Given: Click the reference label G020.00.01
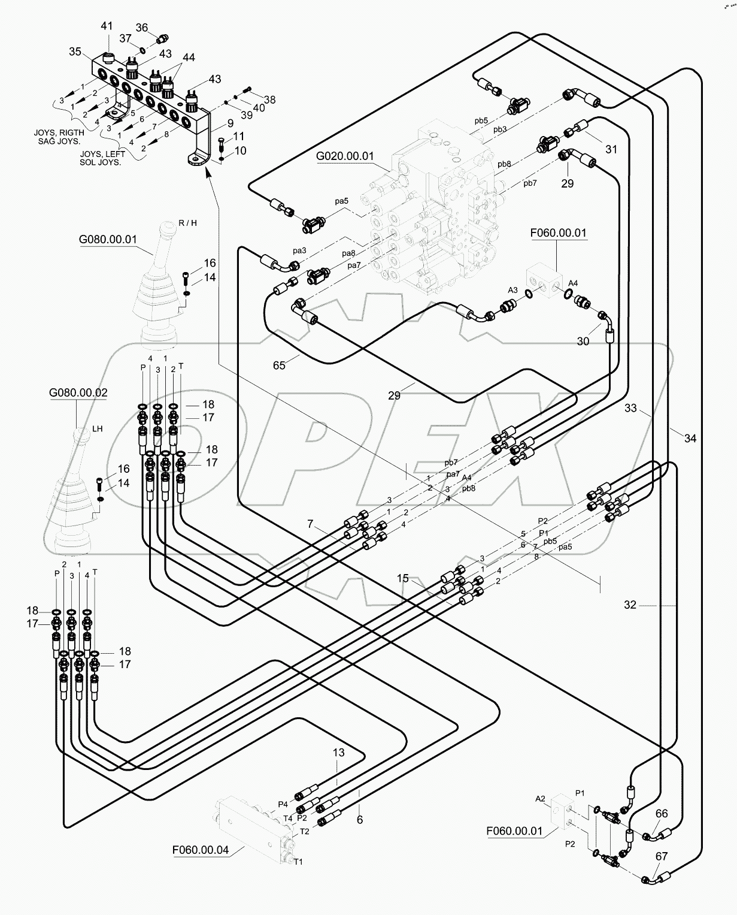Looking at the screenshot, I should (344, 156).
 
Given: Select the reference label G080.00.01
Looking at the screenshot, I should (108, 239).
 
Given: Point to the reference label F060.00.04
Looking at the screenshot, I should (200, 850).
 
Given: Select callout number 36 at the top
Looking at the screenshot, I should (142, 28).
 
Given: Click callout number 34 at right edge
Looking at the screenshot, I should (690, 438).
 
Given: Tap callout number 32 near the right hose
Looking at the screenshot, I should (630, 605).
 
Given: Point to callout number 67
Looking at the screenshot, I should (660, 856).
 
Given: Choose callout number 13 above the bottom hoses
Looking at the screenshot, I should (339, 753).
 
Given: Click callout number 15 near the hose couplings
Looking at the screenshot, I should (403, 578).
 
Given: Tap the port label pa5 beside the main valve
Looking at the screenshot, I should (341, 201).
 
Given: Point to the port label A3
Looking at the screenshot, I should (512, 290).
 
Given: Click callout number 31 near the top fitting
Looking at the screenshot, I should (611, 150).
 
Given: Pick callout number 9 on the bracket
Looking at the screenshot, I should (214, 124).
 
